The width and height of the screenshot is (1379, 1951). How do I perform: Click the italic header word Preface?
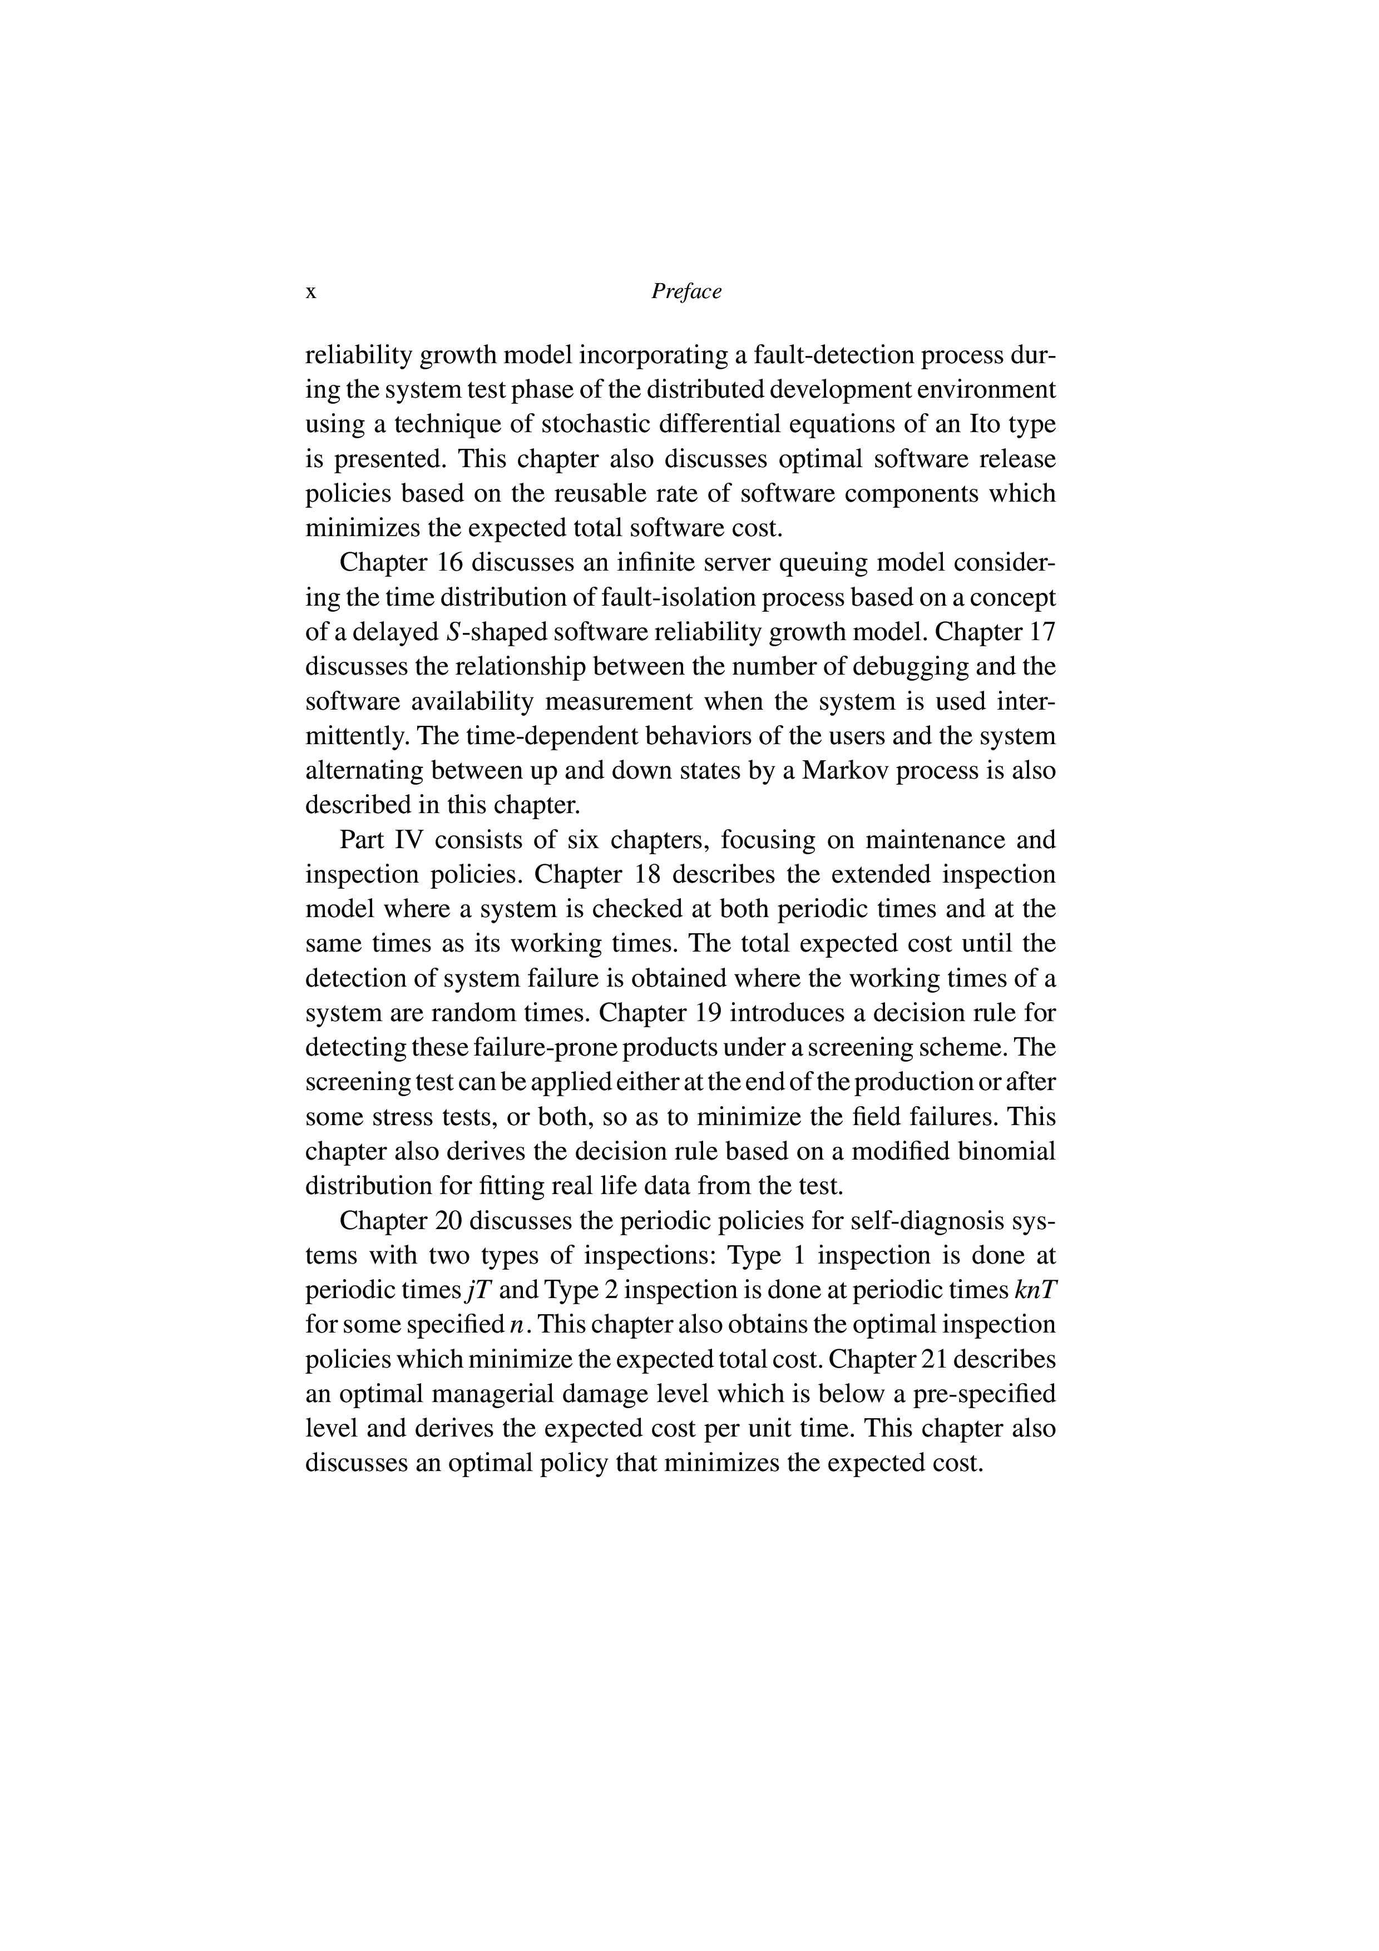click(x=686, y=291)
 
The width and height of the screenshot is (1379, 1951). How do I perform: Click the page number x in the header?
click(x=311, y=293)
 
